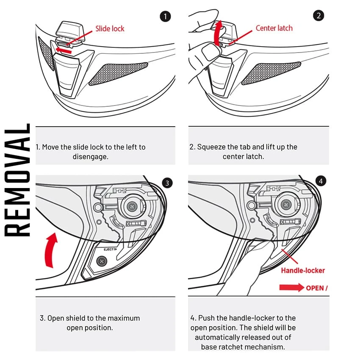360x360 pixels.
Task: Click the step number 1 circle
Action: coord(165,17)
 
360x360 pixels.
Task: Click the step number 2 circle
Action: coord(318,16)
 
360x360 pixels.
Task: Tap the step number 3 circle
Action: coord(167,183)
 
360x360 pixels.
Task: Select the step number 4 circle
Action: coord(321,181)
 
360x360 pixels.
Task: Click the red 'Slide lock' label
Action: coord(110,29)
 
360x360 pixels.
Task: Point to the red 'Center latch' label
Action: coord(274,28)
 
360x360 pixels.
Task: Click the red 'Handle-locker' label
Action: coord(303,270)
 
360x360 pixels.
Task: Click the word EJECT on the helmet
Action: coord(109,250)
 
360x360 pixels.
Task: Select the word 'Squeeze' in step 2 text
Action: coord(210,147)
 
